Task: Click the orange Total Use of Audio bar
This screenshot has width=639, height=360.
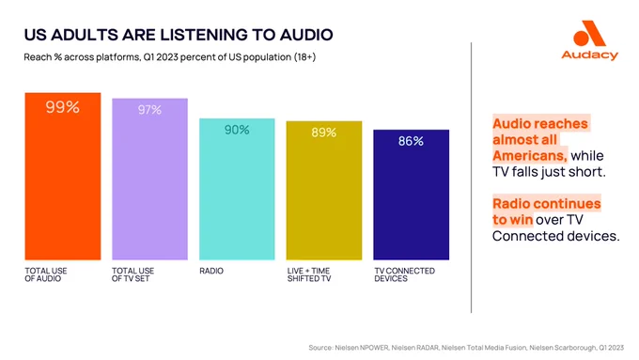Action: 63,176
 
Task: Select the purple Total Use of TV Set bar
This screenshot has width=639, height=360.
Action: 150,179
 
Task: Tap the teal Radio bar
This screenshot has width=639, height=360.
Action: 237,189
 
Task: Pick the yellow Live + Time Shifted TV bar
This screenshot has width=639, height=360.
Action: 324,191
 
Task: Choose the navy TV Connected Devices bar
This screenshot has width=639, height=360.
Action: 412,195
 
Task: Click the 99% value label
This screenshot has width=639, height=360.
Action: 62,107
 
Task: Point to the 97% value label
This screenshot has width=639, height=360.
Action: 149,110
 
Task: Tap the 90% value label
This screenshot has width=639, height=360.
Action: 237,130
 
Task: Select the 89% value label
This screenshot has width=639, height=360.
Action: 324,133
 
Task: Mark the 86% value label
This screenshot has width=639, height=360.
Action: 411,141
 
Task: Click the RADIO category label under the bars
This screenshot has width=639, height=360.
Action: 211,271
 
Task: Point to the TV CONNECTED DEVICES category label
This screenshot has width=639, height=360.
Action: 405,274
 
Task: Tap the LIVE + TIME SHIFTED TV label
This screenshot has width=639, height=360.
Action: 309,274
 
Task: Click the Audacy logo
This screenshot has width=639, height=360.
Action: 590,40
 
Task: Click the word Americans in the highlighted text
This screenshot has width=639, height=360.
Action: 529,156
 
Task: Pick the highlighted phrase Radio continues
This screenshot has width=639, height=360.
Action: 547,203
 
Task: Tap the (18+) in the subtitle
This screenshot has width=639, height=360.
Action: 304,57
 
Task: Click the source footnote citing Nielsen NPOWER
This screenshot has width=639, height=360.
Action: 466,348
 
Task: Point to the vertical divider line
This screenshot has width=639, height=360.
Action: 471,178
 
